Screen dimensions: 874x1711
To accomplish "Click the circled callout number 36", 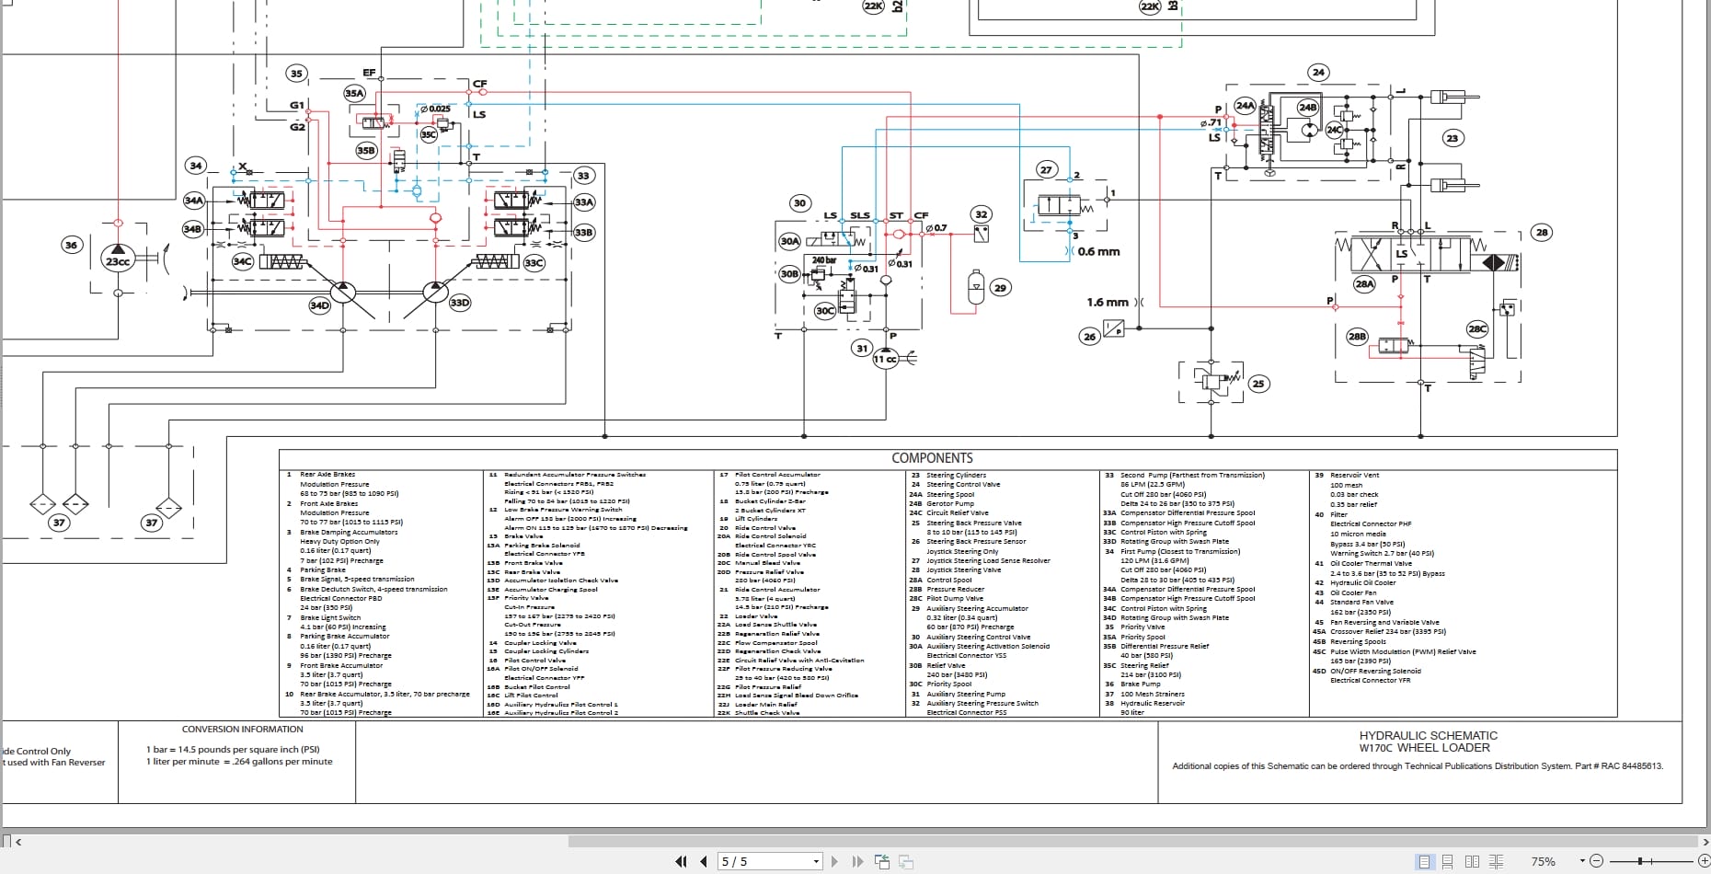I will [71, 245].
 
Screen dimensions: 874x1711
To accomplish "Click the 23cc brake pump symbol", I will [118, 260].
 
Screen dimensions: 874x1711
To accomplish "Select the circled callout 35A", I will [354, 93].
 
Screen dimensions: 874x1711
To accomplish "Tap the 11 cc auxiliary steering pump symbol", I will [885, 359].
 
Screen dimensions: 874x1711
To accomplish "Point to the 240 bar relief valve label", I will [824, 260].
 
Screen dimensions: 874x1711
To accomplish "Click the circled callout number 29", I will [1000, 288].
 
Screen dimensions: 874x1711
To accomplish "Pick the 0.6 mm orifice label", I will [1098, 251].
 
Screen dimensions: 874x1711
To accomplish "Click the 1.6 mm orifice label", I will [1107, 302].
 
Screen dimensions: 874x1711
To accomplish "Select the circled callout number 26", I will [1089, 337].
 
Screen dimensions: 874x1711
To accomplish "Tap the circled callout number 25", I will [1258, 384].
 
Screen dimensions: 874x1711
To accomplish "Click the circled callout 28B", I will [1357, 337].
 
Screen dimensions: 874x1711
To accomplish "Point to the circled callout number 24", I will [1318, 72].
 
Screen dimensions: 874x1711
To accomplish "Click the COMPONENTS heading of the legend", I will [932, 458].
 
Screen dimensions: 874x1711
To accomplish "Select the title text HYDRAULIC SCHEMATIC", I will [1428, 735].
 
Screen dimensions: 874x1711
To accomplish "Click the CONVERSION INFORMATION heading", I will [243, 729].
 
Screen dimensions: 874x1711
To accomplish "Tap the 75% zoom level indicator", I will [1543, 861].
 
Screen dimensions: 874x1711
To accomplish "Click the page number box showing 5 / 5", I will [768, 861].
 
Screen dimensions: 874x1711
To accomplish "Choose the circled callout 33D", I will [460, 302].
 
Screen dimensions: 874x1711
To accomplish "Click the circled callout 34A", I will [194, 201].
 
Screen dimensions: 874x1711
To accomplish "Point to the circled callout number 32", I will [981, 214].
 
